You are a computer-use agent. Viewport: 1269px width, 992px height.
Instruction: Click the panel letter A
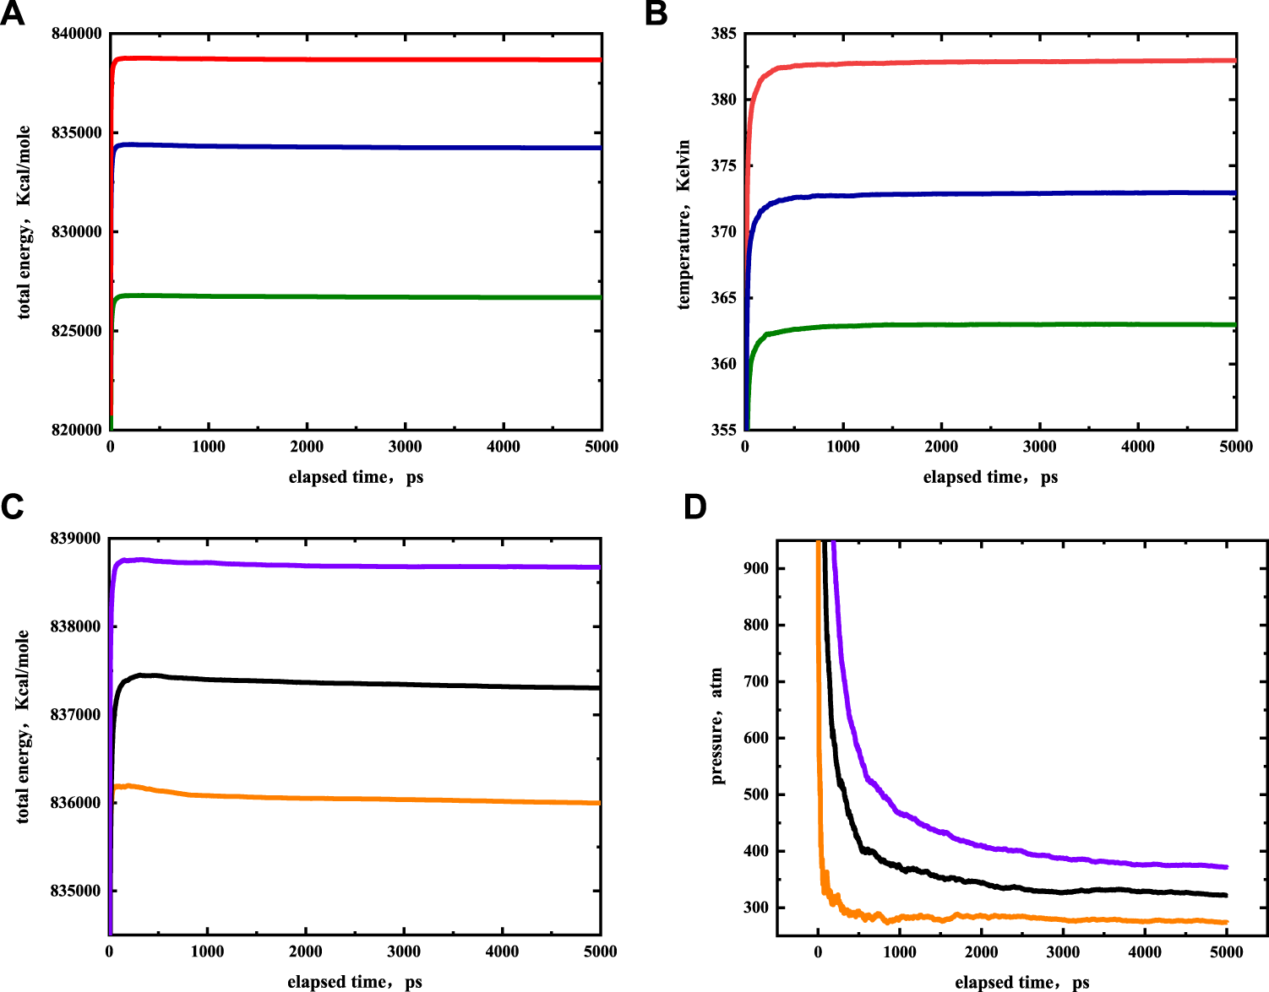click(x=12, y=14)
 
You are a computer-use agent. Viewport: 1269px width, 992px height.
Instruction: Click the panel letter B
click(x=656, y=14)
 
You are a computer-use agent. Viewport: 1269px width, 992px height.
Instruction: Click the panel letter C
click(x=12, y=507)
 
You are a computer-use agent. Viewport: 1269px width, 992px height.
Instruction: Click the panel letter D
click(x=694, y=507)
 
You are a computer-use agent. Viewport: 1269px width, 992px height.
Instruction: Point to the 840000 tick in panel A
click(x=77, y=34)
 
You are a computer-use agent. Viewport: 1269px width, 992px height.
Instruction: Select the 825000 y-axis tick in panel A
click(x=77, y=331)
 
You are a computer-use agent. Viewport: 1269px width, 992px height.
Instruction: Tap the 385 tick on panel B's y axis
click(x=724, y=34)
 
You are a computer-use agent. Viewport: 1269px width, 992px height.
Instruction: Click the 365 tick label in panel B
click(x=724, y=298)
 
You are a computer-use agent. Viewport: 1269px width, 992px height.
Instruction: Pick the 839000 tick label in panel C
click(x=75, y=539)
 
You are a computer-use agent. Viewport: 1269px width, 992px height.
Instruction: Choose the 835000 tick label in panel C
click(x=75, y=891)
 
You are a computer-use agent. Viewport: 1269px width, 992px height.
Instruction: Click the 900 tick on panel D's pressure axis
click(x=756, y=569)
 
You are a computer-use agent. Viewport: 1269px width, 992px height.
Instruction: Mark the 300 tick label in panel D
click(x=756, y=908)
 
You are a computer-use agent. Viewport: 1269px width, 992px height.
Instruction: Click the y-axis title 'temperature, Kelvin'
click(x=684, y=225)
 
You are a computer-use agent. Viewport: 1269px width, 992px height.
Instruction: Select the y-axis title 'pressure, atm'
click(x=717, y=726)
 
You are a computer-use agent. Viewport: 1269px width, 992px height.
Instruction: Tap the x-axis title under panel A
click(x=356, y=478)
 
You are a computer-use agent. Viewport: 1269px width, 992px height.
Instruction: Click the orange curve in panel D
click(x=1014, y=917)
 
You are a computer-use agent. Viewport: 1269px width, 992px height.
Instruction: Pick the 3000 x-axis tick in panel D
click(x=1063, y=952)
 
